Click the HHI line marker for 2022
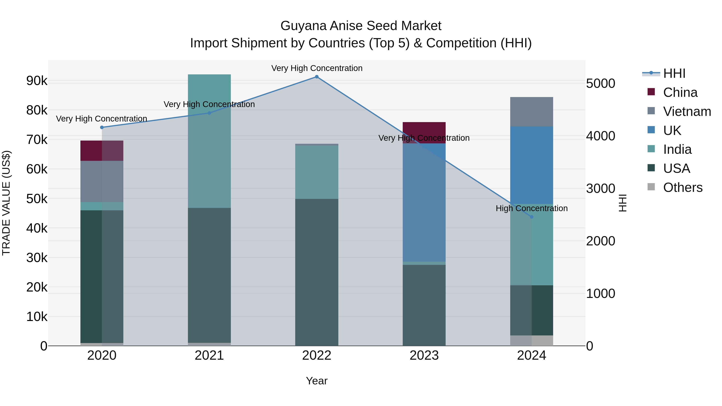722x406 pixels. [317, 77]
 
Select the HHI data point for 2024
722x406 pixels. [532, 217]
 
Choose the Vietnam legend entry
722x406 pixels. [687, 111]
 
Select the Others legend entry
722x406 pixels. [682, 187]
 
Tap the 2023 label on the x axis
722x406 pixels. [424, 355]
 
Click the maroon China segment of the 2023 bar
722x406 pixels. [424, 133]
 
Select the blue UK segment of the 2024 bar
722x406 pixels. [532, 165]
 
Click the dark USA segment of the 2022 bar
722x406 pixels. [317, 272]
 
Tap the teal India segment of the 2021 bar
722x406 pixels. [209, 140]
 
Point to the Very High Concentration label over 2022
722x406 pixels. [317, 68]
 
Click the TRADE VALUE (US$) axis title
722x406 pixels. [6, 203]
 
